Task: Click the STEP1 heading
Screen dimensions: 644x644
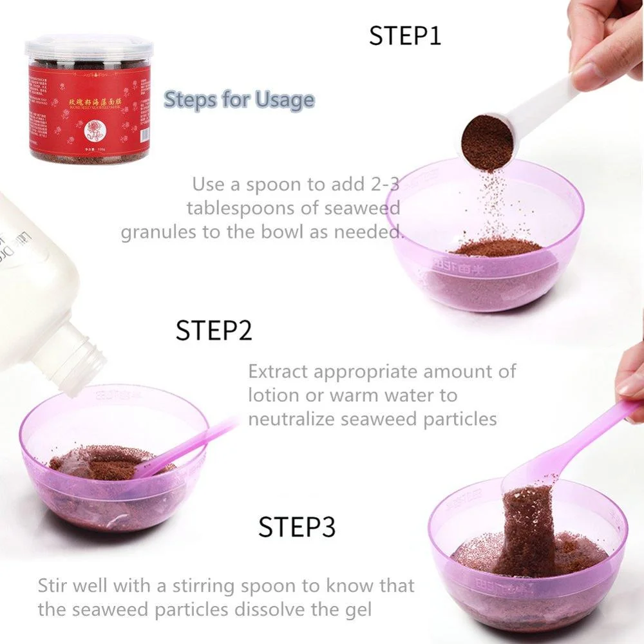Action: [404, 36]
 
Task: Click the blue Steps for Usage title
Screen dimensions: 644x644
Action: [239, 100]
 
